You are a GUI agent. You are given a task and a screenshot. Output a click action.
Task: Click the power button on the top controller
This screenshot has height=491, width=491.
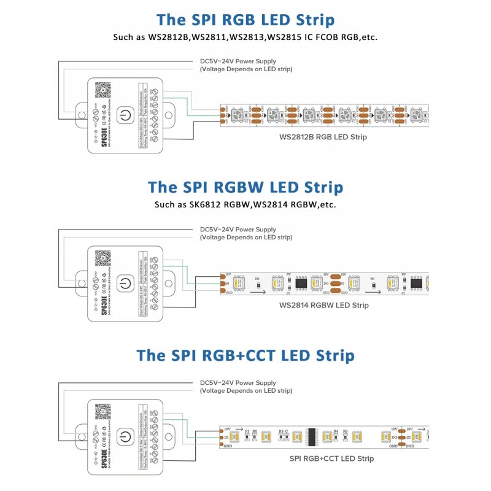125,115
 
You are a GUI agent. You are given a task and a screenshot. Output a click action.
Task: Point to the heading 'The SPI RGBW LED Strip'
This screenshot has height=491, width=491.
245,187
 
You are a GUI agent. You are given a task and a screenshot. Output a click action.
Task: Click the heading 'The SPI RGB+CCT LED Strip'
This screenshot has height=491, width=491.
245,355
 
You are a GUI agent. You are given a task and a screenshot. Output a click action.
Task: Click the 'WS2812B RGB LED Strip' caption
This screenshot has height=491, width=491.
323,137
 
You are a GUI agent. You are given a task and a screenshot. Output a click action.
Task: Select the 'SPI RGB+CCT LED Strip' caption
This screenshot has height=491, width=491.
331,458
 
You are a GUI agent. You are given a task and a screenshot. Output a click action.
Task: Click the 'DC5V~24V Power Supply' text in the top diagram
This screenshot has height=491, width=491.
238,61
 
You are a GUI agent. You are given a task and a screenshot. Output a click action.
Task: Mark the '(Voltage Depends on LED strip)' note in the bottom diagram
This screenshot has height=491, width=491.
246,390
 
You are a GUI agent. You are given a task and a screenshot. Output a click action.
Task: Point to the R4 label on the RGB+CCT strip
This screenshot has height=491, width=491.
336,431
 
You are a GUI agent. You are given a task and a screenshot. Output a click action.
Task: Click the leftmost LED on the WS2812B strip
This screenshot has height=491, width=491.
241,115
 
